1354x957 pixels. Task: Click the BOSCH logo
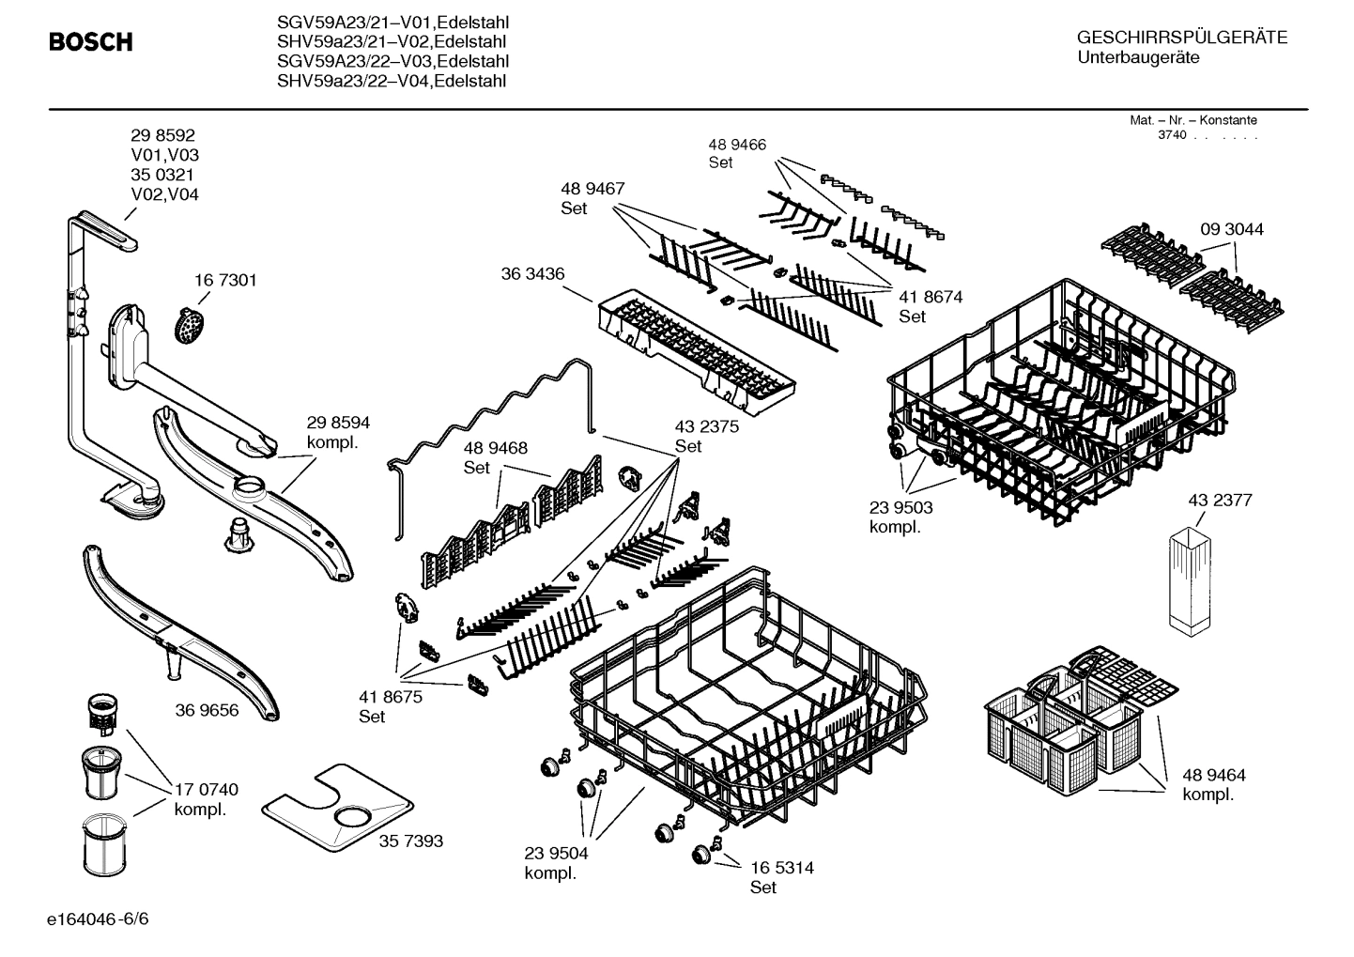(x=90, y=42)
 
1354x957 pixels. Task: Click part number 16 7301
(x=225, y=281)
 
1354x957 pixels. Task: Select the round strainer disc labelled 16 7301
(x=192, y=325)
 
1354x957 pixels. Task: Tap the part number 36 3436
(x=532, y=274)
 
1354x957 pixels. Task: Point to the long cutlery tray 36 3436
(x=696, y=351)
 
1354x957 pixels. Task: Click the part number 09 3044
(x=1231, y=229)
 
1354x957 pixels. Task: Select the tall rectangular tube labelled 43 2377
(x=1191, y=579)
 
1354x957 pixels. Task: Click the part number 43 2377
(x=1220, y=501)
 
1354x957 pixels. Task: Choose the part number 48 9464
(x=1213, y=775)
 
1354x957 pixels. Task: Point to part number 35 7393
(x=410, y=841)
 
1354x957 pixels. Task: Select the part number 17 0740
(x=206, y=790)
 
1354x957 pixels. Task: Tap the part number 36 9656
(x=207, y=710)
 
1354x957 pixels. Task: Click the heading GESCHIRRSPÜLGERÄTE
(x=1181, y=38)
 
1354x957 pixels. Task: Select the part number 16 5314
(x=781, y=868)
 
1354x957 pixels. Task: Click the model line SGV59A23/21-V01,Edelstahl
(x=392, y=22)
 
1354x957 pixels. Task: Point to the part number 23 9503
(x=900, y=507)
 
